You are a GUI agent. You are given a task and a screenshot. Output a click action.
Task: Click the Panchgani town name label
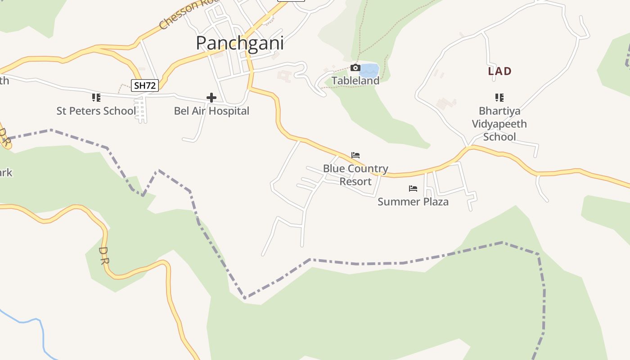[240, 43]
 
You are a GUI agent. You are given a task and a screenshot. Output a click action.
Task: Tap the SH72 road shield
[145, 85]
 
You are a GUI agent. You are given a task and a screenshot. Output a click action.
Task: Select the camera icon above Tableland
[355, 68]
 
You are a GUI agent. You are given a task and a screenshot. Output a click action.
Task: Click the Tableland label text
[355, 81]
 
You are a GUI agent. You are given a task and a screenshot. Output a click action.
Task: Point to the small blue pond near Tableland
[370, 70]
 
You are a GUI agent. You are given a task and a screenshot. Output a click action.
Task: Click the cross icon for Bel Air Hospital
[211, 98]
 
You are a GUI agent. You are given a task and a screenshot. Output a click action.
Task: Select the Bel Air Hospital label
[211, 111]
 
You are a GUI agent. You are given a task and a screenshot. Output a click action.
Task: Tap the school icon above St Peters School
[96, 98]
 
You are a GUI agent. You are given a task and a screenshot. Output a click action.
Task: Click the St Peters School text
[96, 111]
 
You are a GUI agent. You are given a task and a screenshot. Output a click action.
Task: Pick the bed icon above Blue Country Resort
[355, 155]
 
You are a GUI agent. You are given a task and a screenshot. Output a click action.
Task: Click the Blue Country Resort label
[355, 175]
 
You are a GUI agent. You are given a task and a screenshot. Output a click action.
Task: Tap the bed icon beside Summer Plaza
[413, 189]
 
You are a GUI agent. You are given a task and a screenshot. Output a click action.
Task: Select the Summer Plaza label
[413, 202]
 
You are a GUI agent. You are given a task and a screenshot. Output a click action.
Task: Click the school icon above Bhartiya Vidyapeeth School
[499, 98]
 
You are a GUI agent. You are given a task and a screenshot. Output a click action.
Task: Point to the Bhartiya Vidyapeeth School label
[499, 124]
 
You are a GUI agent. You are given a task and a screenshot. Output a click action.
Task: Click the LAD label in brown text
[500, 71]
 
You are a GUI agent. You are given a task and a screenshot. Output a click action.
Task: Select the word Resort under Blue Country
[355, 181]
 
